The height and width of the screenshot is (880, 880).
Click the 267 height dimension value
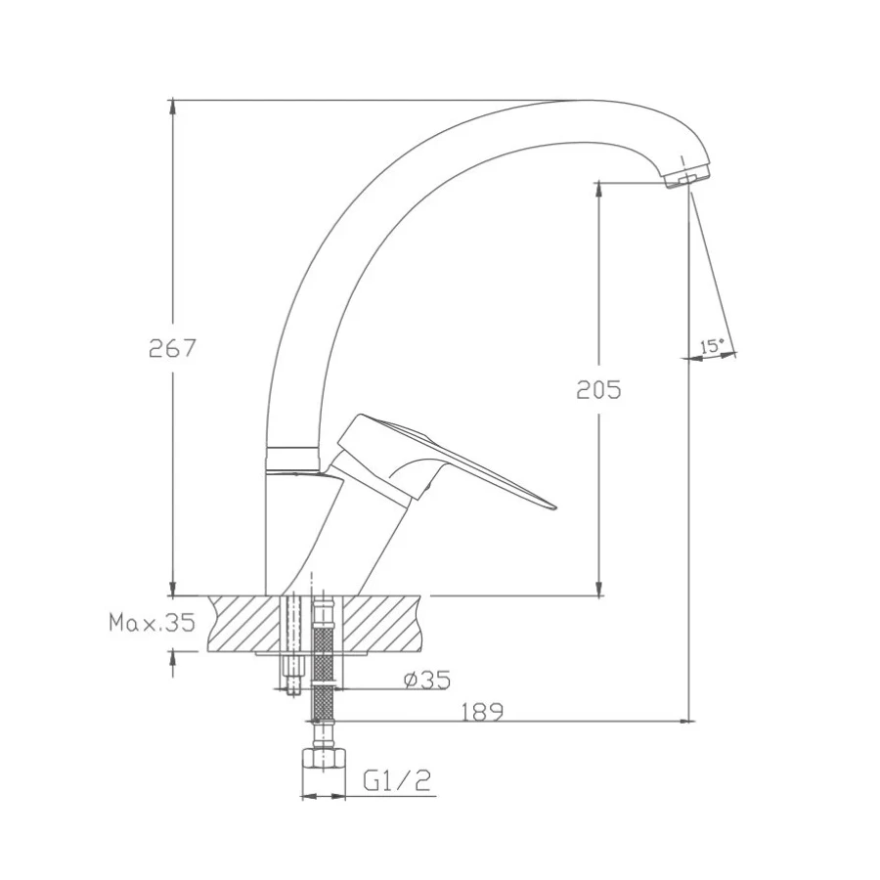173,348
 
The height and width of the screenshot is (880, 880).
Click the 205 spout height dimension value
598,389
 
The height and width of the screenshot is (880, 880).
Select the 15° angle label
712,346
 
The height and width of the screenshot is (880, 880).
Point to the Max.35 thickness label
153,623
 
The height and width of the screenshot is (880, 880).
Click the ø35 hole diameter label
425,678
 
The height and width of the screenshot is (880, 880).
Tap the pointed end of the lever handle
551,506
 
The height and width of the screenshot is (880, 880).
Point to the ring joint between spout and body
293,457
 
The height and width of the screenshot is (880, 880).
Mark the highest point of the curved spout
587,101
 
